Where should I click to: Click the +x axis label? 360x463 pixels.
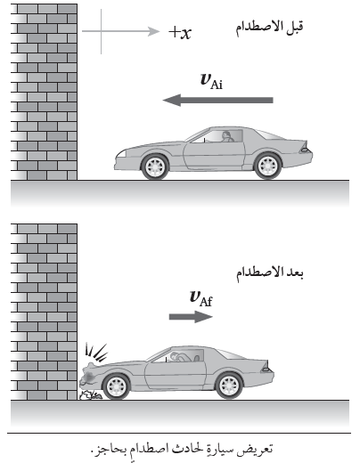click(x=180, y=32)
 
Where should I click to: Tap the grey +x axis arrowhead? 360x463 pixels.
click(x=154, y=31)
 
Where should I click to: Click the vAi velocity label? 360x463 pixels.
click(x=211, y=81)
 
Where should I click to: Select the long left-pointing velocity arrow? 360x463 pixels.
click(x=218, y=100)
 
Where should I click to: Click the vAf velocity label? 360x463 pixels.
click(x=200, y=298)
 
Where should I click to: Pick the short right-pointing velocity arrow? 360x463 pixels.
click(x=191, y=317)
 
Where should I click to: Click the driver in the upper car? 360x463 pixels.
click(x=227, y=136)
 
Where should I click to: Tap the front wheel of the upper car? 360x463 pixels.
click(x=155, y=167)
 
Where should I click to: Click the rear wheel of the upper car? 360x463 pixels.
click(x=267, y=167)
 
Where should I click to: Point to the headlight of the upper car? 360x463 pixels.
click(x=120, y=154)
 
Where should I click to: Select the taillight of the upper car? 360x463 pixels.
click(x=305, y=147)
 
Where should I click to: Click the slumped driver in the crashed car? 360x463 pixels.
click(x=181, y=356)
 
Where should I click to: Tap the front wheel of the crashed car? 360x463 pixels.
click(x=116, y=386)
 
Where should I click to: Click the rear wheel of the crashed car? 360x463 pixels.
click(x=229, y=386)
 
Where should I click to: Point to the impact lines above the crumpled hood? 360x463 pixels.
click(x=95, y=353)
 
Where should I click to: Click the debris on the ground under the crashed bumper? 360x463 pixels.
click(x=91, y=395)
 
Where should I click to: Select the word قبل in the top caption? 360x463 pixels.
click(x=294, y=28)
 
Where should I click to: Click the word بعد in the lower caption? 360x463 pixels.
click(x=295, y=273)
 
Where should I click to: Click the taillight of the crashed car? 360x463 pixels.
click(x=266, y=368)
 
